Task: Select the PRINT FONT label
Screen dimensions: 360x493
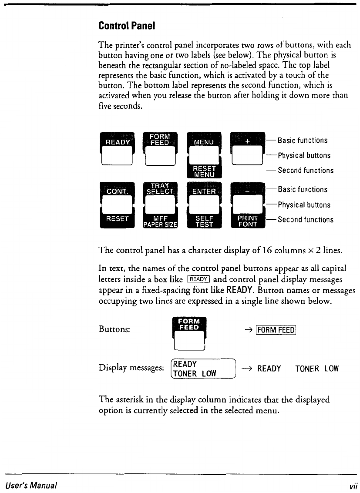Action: [247, 221]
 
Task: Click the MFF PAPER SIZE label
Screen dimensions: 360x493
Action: [160, 221]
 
